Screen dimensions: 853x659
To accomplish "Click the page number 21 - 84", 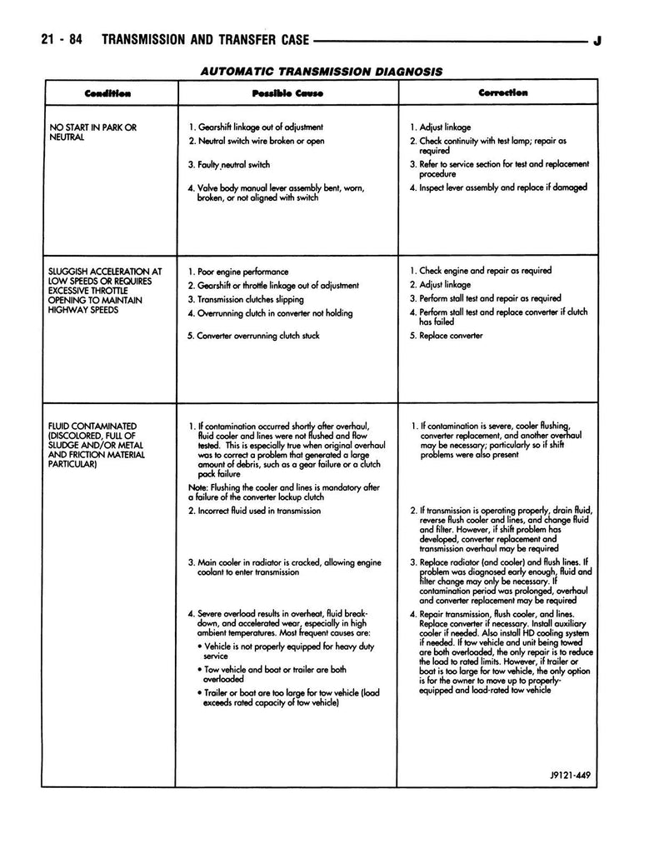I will coord(60,40).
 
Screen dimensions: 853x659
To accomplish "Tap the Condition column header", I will coord(107,92).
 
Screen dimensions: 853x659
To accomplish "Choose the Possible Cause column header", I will coord(287,92).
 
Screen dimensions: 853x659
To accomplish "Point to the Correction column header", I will coord(502,92).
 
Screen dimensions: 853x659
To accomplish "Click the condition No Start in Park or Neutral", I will coord(93,132).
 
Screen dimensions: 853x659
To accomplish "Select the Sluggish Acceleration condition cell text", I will coord(106,290).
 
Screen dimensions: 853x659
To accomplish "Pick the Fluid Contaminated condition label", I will coord(97,445).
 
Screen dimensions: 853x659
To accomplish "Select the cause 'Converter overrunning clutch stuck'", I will coord(253,336).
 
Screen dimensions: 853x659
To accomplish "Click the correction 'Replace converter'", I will coord(445,336).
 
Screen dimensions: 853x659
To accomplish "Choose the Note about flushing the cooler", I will coord(284,492).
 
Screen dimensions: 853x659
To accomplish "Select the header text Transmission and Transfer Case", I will coord(204,40).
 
